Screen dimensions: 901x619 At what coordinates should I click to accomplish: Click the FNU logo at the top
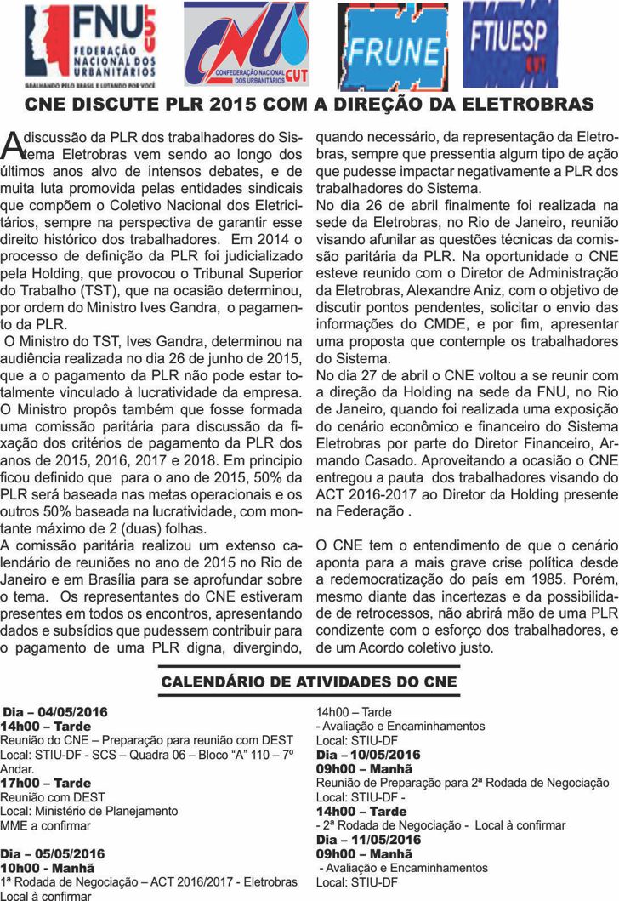[x=85, y=44]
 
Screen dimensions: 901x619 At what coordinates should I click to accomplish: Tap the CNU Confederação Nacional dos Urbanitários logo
[x=247, y=44]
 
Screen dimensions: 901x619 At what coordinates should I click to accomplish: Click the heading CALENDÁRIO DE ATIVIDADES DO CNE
[x=309, y=681]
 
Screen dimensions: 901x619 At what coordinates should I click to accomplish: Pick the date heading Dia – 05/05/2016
[x=53, y=853]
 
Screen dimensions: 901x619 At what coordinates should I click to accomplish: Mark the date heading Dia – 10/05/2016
[x=368, y=755]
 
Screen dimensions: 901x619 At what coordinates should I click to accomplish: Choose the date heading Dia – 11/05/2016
[x=368, y=840]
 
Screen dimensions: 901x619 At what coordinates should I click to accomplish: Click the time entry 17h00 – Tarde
[x=46, y=783]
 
